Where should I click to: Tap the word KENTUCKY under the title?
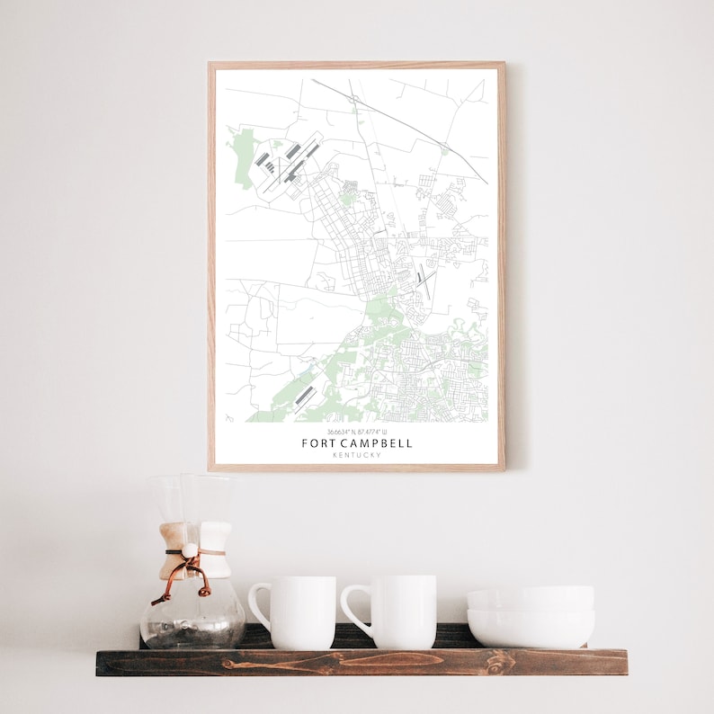pyautogui.click(x=356, y=455)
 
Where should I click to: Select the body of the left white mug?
pyautogui.click(x=303, y=611)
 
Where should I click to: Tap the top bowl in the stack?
pyautogui.click(x=530, y=597)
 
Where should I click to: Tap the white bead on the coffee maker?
pyautogui.click(x=190, y=549)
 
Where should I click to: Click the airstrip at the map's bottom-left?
pyautogui.click(x=304, y=395)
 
